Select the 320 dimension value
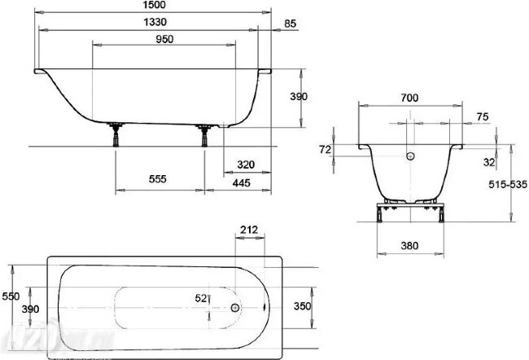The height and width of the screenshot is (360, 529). [x=246, y=165]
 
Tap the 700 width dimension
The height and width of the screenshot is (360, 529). [x=410, y=98]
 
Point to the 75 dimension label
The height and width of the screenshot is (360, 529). [x=483, y=117]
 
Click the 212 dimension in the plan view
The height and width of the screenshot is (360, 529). [x=250, y=229]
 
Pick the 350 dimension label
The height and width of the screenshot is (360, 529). [x=302, y=306]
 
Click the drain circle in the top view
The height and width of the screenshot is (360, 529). [x=235, y=309]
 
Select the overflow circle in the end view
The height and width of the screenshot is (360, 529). [x=410, y=156]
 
